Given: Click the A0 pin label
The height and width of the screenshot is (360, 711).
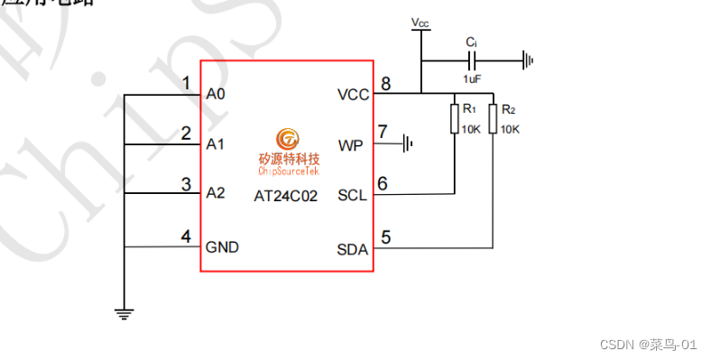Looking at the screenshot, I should pyautogui.click(x=216, y=94).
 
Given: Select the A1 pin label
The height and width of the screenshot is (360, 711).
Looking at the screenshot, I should pyautogui.click(x=216, y=144).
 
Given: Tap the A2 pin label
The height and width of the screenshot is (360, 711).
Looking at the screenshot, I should pyautogui.click(x=216, y=193).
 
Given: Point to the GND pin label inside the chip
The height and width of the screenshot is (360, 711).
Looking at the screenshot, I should pyautogui.click(x=222, y=246).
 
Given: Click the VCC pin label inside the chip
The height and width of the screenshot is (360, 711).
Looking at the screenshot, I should pyautogui.click(x=353, y=94).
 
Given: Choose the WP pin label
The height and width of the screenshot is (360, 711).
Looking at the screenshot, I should pyautogui.click(x=350, y=144).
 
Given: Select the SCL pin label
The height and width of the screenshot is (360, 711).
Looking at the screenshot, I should pyautogui.click(x=352, y=195).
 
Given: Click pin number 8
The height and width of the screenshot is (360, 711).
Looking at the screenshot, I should pyautogui.click(x=385, y=84).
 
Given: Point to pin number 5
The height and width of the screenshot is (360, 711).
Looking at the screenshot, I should pyautogui.click(x=386, y=238).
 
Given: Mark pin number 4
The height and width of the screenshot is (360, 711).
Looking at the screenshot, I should pyautogui.click(x=186, y=236).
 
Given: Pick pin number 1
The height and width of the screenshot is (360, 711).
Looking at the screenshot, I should pyautogui.click(x=186, y=84).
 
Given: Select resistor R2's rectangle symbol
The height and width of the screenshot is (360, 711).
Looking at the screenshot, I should pyautogui.click(x=493, y=119).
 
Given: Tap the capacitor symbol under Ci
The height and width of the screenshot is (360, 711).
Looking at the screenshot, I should pyautogui.click(x=471, y=61).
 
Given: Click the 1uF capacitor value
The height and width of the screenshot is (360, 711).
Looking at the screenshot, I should pyautogui.click(x=472, y=78).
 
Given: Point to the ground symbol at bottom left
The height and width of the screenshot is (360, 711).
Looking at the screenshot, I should pyautogui.click(x=125, y=313).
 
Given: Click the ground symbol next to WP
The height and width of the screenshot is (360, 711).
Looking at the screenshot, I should pyautogui.click(x=409, y=143).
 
